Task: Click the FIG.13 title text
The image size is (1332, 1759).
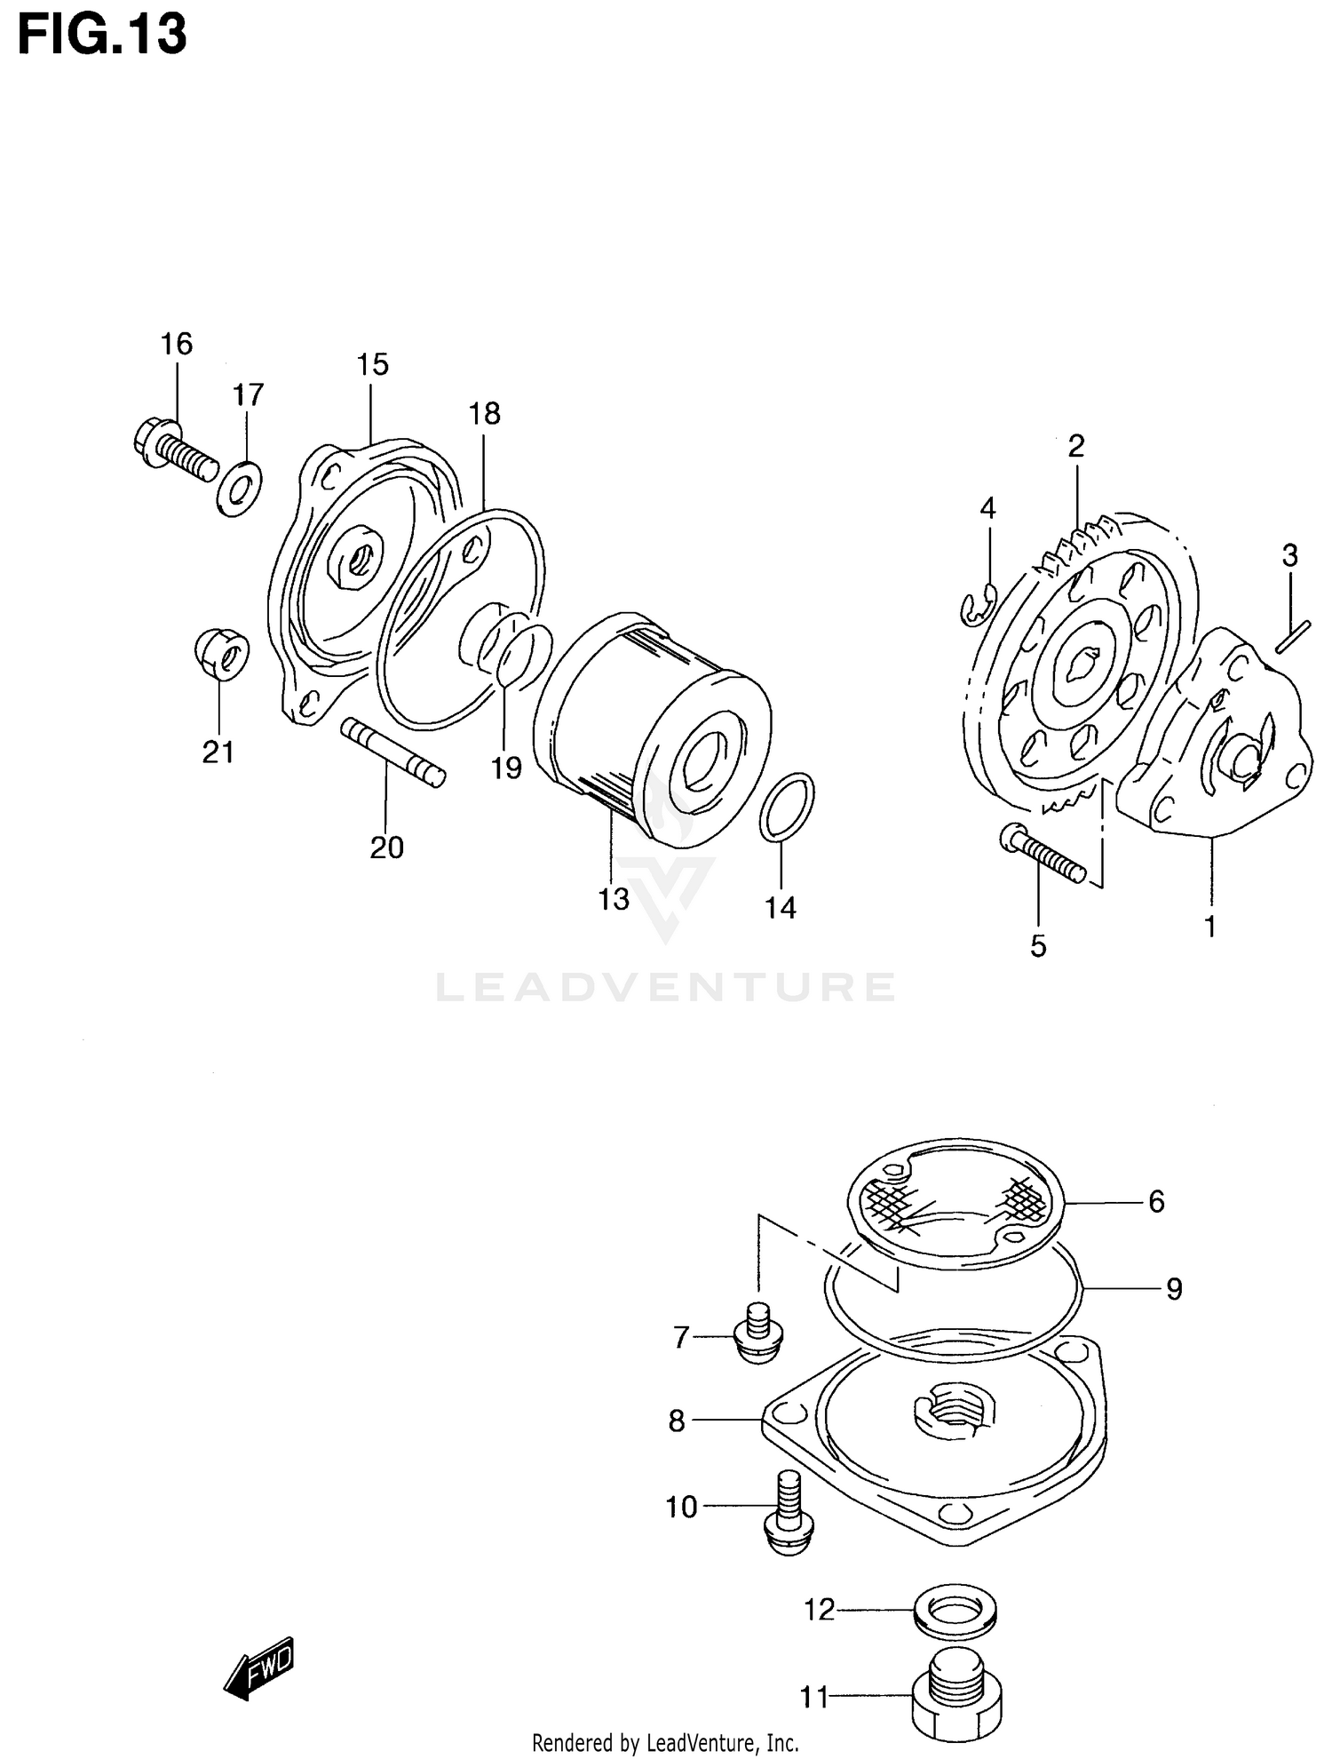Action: coord(102,36)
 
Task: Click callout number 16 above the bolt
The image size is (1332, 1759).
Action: coord(176,344)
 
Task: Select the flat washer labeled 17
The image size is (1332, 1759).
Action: coord(239,488)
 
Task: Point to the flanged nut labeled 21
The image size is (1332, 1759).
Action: coord(223,656)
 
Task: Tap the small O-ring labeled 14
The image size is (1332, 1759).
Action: coord(787,807)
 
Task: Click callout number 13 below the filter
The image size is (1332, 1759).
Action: coord(614,899)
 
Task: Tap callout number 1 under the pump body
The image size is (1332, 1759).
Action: coord(1209,927)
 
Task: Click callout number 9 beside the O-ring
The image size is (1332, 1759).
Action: coord(1174,1289)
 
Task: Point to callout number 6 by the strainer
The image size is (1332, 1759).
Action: coord(1155,1202)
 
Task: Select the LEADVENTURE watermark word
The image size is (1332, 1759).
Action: coord(666,987)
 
